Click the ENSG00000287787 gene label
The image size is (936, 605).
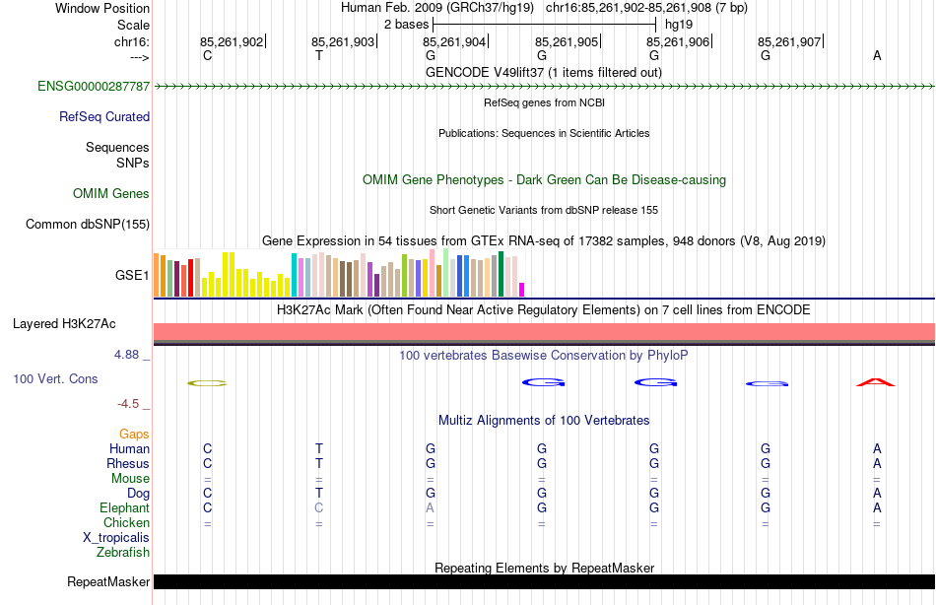point(94,87)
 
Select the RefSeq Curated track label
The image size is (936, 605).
point(103,116)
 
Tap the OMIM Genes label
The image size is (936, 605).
point(110,194)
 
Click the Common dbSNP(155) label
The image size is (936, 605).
point(87,225)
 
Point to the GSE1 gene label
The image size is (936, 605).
point(132,275)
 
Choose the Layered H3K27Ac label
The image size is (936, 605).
point(64,323)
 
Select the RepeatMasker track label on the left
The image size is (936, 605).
point(108,581)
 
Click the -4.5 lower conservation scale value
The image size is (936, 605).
point(131,403)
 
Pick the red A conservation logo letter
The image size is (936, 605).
point(876,381)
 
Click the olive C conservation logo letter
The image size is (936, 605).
point(207,381)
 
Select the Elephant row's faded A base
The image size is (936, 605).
point(430,507)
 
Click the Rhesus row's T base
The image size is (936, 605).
point(318,463)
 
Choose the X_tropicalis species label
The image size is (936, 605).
point(116,537)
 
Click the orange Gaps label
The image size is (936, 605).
point(134,434)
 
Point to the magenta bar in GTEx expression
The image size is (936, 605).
point(521,289)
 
